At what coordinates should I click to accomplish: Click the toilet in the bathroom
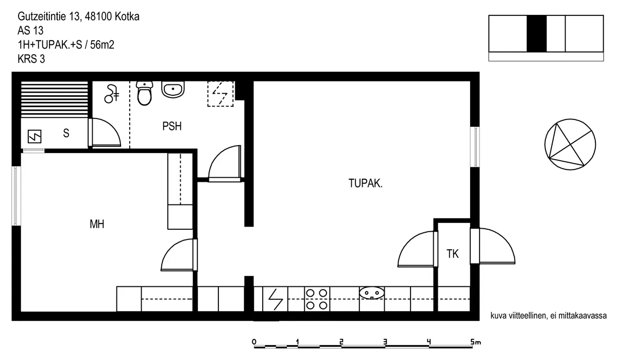pos(145,93)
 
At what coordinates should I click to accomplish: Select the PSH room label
pos(172,126)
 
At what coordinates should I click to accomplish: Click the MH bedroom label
pos(97,224)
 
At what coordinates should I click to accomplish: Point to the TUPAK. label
pos(365,183)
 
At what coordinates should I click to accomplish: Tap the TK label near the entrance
pos(453,253)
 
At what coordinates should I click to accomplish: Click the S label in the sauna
pos(66,133)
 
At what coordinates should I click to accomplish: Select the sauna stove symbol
pos(35,136)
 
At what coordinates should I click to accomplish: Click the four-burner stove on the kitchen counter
pos(317,299)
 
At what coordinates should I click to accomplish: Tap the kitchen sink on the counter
pos(372,293)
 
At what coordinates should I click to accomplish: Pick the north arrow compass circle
pos(570,144)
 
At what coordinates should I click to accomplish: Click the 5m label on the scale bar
pos(476,342)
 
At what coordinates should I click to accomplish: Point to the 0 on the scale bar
pos(254,342)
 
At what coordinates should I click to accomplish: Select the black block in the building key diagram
pos(537,33)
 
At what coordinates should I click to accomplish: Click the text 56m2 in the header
pos(102,45)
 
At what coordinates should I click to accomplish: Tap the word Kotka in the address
pos(127,16)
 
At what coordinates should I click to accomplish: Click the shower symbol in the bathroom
pos(112,94)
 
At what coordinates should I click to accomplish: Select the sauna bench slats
pos(55,99)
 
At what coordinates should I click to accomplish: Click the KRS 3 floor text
pos(31,59)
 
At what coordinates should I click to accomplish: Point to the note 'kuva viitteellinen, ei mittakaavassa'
pos(548,316)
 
